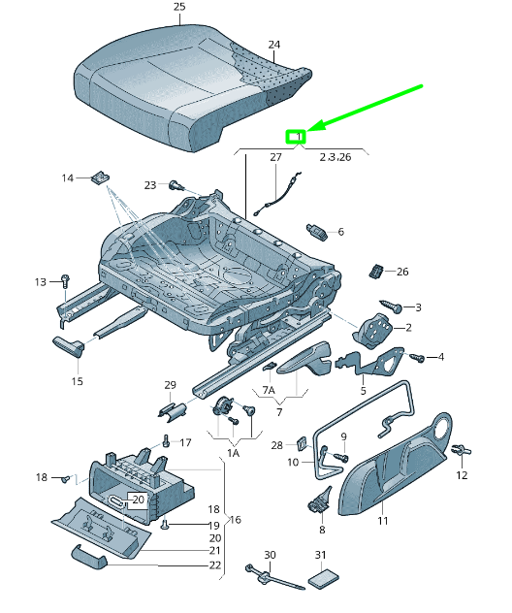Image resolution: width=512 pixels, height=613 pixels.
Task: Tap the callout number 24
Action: pyautogui.click(x=273, y=45)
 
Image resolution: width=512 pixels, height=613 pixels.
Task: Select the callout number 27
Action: pyautogui.click(x=275, y=156)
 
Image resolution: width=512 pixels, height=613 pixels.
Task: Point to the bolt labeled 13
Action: pyautogui.click(x=64, y=280)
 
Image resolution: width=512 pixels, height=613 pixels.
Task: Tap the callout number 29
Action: pyautogui.click(x=170, y=385)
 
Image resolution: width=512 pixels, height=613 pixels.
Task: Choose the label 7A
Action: pyautogui.click(x=269, y=390)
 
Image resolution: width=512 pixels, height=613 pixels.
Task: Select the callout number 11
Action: pyautogui.click(x=381, y=522)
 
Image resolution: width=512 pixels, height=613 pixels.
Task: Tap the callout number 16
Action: pyautogui.click(x=235, y=520)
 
